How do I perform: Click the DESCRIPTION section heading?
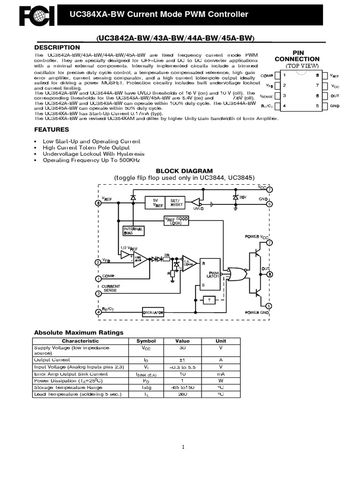[x=57, y=48]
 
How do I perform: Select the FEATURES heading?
[x=52, y=129]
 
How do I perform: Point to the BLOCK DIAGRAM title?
[x=184, y=171]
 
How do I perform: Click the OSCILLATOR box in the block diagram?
[x=153, y=312]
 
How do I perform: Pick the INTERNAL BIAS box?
[x=133, y=231]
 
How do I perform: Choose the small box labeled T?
[x=209, y=300]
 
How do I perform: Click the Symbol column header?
[x=146, y=341]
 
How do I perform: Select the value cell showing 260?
[x=182, y=394]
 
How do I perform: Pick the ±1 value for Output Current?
[x=182, y=360]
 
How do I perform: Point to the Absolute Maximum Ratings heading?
[x=79, y=332]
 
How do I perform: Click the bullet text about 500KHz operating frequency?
[x=91, y=160]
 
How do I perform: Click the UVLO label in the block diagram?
[x=199, y=209]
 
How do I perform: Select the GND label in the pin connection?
[x=334, y=106]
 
